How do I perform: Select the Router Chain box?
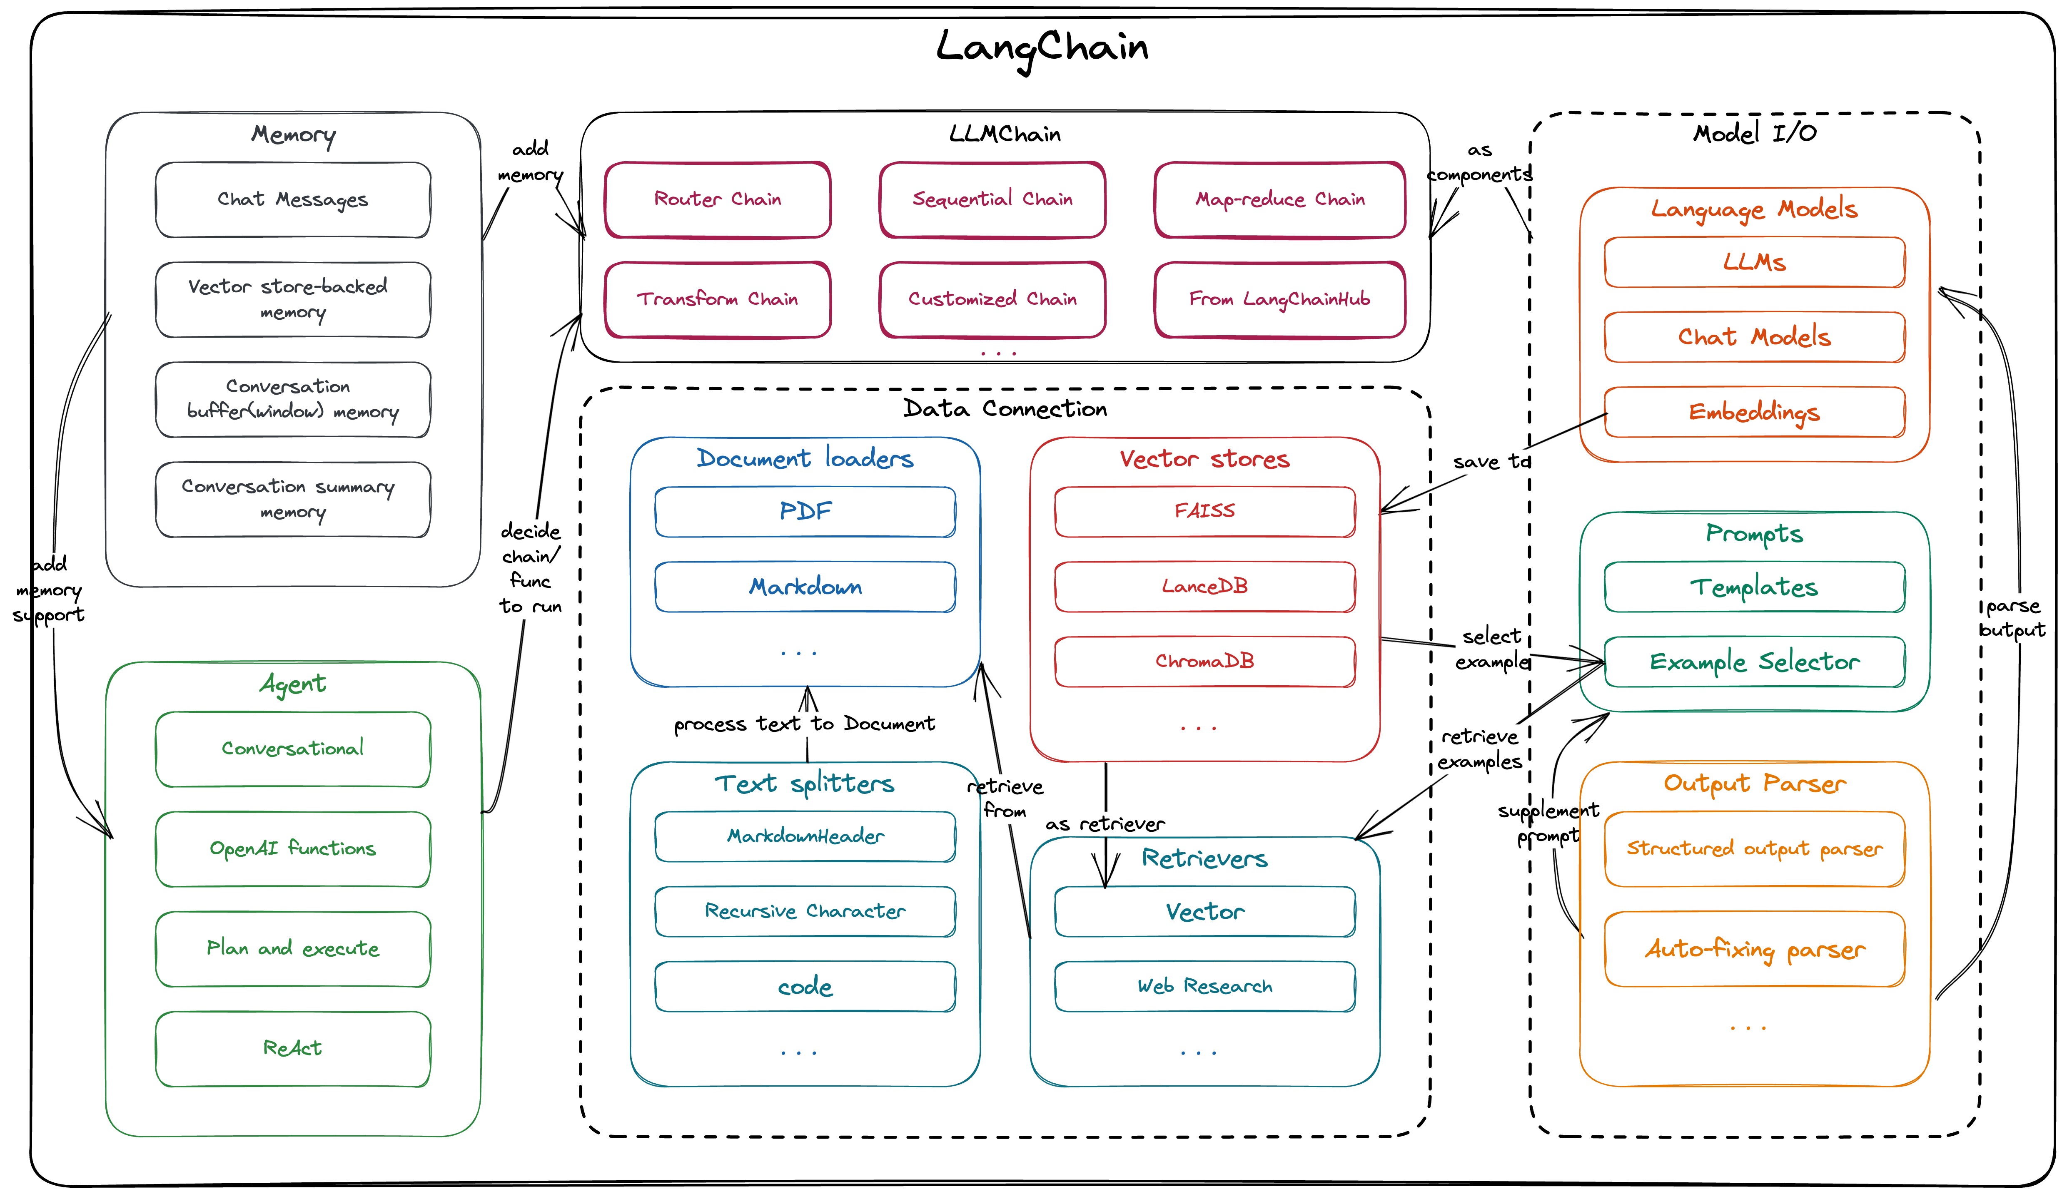[x=718, y=199]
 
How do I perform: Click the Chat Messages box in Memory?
[x=293, y=199]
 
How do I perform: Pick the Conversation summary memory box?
[x=293, y=500]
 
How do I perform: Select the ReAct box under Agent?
[x=293, y=1048]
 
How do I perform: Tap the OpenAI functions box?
[x=293, y=849]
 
